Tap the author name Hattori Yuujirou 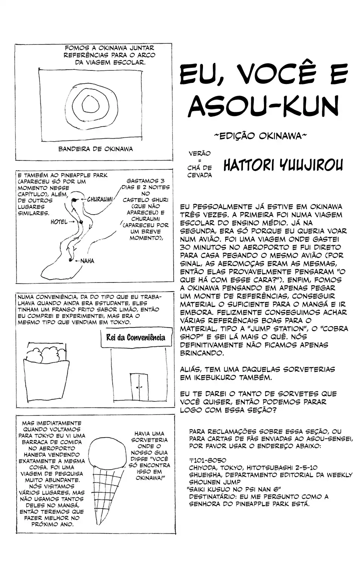point(283,166)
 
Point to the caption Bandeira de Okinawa point(96,149)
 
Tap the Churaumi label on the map point(100,199)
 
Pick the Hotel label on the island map point(59,222)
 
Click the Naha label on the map point(87,261)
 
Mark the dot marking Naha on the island point(70,260)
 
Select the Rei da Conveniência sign point(136,337)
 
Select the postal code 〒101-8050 point(207,460)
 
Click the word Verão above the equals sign point(200,154)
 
